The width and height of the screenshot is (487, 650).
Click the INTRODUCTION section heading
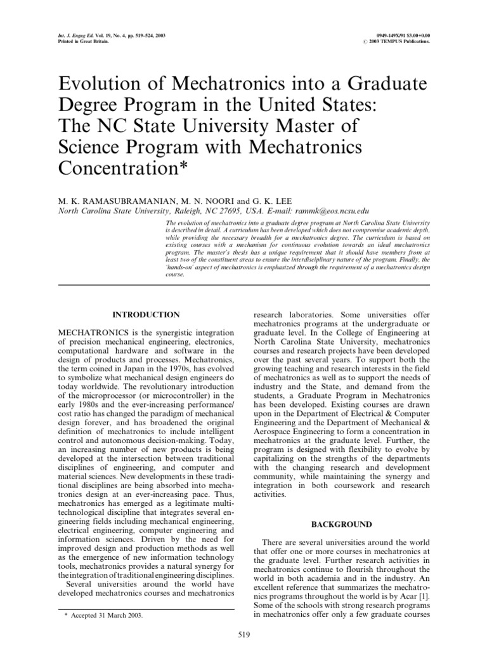(146, 314)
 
